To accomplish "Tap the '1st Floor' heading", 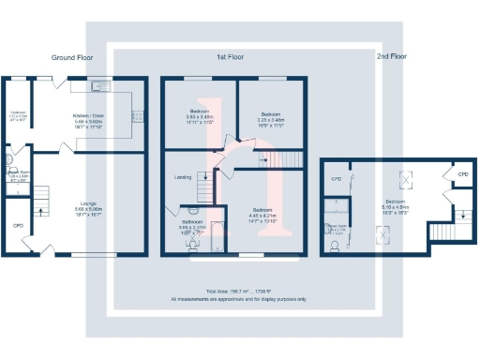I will click(231, 58).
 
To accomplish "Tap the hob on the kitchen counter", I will click(138, 116).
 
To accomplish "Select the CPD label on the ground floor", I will click(18, 226).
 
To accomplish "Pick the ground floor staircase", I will click(40, 198).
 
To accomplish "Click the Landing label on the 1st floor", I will click(184, 176).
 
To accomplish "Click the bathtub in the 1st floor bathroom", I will click(216, 236).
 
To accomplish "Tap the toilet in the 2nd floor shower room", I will click(335, 247).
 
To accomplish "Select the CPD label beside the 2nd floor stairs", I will click(462, 174).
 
